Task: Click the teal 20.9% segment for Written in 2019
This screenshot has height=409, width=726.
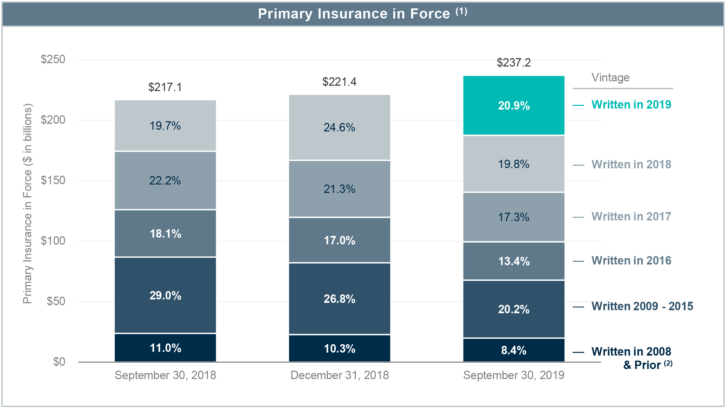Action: [514, 106]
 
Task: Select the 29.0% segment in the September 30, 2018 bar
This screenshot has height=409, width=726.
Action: [165, 295]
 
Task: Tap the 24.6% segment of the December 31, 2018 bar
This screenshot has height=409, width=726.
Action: [339, 127]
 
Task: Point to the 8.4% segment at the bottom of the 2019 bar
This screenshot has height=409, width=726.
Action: [514, 350]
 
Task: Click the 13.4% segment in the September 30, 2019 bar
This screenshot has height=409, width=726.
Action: [514, 261]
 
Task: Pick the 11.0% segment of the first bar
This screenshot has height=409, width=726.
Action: [165, 347]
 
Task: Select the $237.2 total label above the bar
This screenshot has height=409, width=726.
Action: [514, 63]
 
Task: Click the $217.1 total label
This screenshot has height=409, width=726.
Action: [165, 87]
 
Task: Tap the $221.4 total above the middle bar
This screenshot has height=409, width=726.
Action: [339, 82]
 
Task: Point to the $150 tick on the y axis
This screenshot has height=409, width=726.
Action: [53, 180]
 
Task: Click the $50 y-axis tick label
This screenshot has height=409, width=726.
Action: [56, 301]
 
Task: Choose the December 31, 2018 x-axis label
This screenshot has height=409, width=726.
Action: [339, 375]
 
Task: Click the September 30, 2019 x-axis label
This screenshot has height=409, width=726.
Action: [514, 375]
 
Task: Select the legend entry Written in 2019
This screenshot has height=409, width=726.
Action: [631, 105]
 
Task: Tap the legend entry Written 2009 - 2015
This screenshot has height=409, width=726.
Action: [642, 306]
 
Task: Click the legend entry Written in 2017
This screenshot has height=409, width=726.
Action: [631, 216]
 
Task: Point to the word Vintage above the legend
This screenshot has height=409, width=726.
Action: [610, 78]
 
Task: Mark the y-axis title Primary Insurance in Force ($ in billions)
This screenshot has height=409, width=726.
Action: [28, 204]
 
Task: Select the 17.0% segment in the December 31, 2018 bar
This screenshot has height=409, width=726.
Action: [339, 240]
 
